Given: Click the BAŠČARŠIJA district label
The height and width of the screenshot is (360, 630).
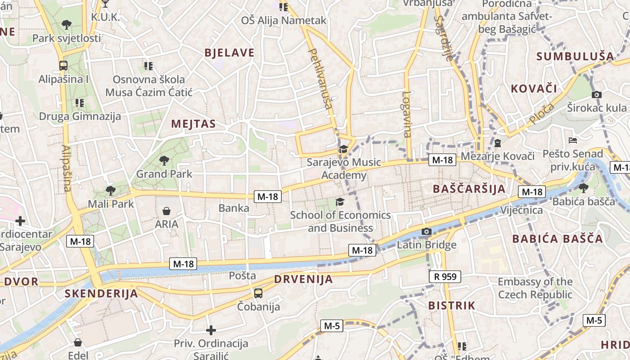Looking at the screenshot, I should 469,189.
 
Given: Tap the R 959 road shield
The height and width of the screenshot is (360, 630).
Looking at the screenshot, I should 445,276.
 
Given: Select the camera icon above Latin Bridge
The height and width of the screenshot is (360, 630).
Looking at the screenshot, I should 426,232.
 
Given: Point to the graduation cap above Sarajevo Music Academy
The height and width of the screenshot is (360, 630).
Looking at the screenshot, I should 343,149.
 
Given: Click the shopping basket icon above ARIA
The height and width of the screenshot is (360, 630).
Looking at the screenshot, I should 166,211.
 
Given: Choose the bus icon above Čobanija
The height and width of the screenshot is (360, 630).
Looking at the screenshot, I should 258,293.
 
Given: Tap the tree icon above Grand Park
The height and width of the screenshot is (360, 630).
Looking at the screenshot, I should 164,160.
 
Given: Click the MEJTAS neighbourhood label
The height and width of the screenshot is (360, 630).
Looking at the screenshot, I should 193,124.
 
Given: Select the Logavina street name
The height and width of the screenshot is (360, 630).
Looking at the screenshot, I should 407,114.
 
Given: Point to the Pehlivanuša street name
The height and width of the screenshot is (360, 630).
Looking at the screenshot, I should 320,79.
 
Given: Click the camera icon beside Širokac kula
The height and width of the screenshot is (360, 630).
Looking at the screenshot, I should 597,94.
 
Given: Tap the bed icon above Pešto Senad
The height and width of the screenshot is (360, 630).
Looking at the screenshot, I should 573,140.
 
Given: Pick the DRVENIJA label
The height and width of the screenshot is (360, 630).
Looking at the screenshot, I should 304,279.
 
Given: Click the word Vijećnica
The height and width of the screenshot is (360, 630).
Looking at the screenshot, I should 522,210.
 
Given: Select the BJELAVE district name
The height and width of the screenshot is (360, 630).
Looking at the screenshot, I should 229,53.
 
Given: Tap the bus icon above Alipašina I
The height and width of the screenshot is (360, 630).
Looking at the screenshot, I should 63,66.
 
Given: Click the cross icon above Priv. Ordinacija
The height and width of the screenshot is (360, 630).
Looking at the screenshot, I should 211,331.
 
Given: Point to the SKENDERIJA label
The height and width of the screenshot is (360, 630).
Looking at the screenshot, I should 101,294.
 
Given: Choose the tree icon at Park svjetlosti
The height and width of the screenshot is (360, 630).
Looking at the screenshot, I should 67,24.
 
